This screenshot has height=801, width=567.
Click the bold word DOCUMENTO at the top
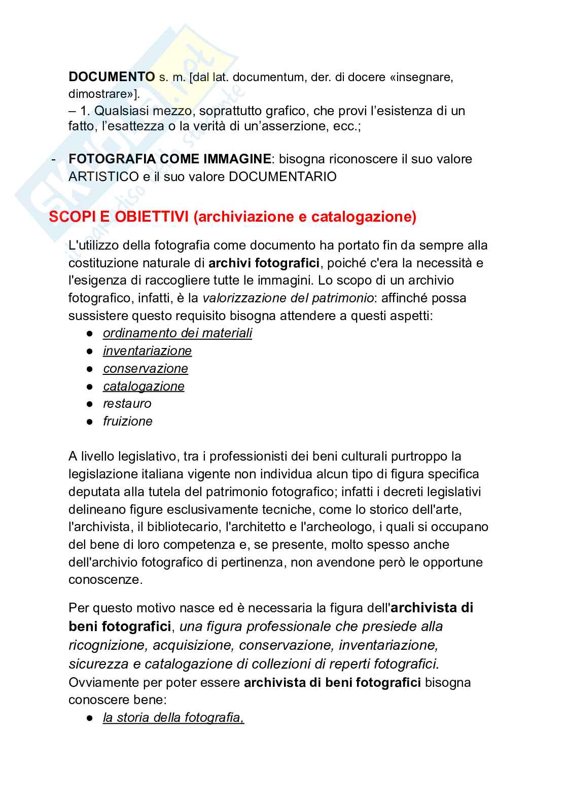pyautogui.click(x=112, y=77)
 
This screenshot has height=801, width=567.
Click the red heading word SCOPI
pyautogui.click(x=68, y=217)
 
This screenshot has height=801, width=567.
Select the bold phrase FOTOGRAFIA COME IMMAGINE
pyautogui.click(x=169, y=159)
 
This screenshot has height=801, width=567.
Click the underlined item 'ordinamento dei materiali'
pyautogui.click(x=177, y=333)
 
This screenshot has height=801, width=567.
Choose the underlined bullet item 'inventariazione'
pyautogui.click(x=147, y=351)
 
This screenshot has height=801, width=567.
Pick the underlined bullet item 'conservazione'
pyautogui.click(x=145, y=369)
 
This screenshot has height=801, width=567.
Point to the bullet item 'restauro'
pyautogui.click(x=127, y=404)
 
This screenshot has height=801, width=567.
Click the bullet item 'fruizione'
pyautogui.click(x=127, y=422)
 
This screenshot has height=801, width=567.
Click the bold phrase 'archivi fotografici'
pyautogui.click(x=264, y=263)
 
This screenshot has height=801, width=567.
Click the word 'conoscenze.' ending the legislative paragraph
pyautogui.click(x=105, y=580)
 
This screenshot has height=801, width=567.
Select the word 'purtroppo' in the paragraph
pyautogui.click(x=419, y=457)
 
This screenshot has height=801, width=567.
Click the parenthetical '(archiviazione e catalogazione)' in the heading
pyautogui.click(x=305, y=217)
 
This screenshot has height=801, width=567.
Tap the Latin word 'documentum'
pyautogui.click(x=268, y=77)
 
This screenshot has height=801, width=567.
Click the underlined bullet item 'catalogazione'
pyautogui.click(x=144, y=387)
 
